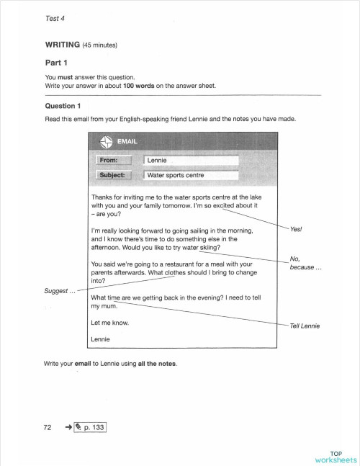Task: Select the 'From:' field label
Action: pos(113,160)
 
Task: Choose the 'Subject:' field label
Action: pos(113,174)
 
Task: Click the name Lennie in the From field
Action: pos(157,160)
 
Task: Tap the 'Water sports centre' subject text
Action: pos(176,175)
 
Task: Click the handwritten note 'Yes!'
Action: pos(296,229)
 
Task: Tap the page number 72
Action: pos(50,428)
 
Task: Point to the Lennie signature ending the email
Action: pos(102,339)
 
